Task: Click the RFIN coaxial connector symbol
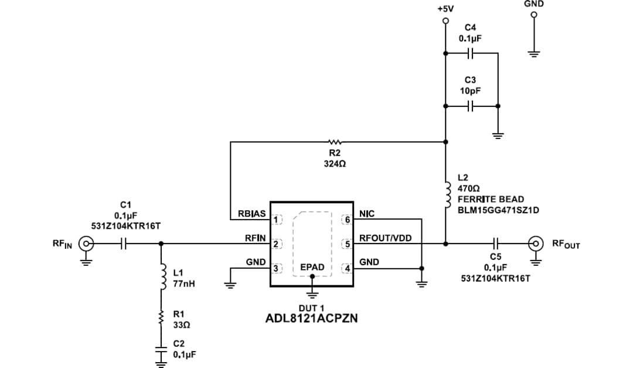pos(86,243)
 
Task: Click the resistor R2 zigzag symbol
pos(335,141)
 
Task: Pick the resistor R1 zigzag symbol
pos(160,319)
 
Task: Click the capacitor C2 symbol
pos(160,351)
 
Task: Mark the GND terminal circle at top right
pos(533,16)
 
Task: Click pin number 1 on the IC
pos(276,220)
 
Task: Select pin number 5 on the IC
pos(347,243)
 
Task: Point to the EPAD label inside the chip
pos(312,267)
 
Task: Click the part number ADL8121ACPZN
pos(312,319)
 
